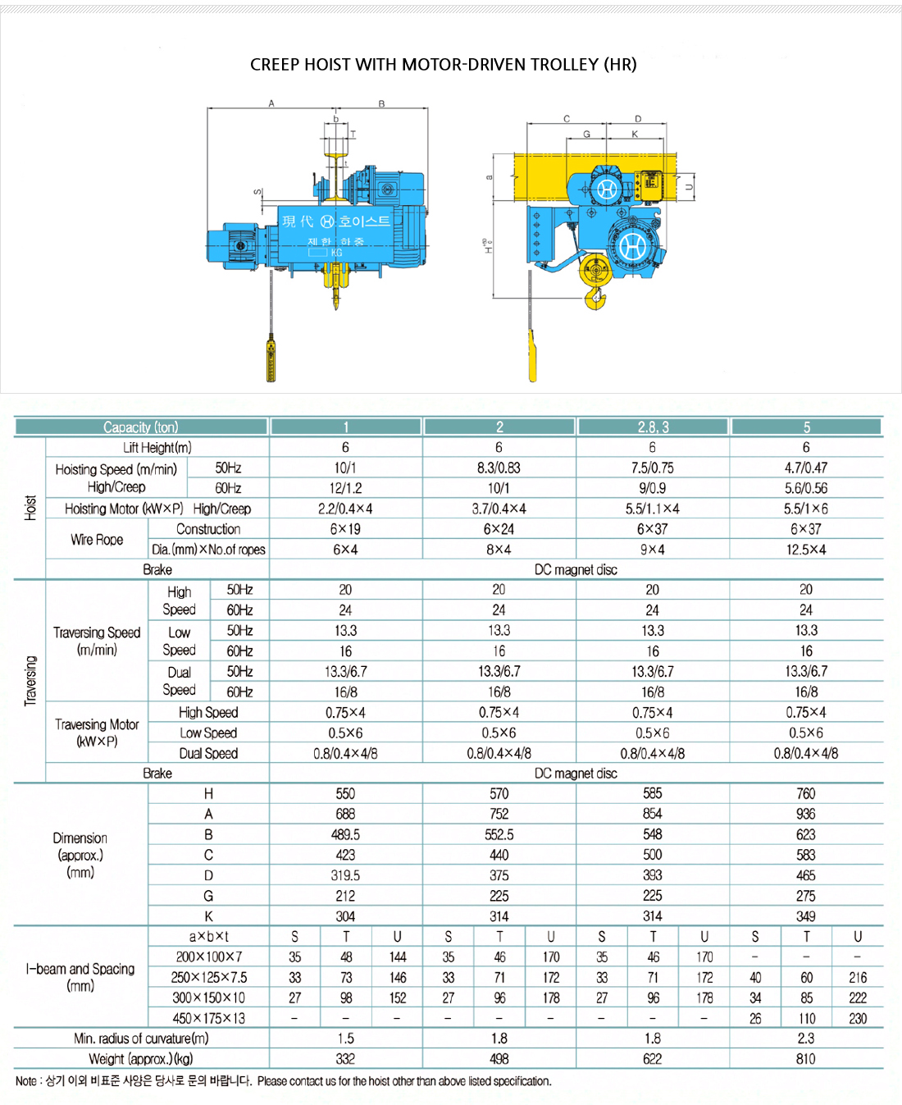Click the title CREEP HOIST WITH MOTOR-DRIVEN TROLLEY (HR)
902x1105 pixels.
pos(443,65)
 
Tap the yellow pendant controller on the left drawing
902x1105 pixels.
pos(271,359)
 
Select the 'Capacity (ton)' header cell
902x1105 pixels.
pos(141,427)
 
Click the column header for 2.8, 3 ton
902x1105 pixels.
pos(653,427)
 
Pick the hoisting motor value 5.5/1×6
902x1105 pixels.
pos(806,509)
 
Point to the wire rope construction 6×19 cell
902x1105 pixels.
pos(345,529)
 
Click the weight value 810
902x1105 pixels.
pos(806,1059)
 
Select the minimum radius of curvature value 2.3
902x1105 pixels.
pos(806,1039)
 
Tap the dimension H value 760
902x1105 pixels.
pos(806,793)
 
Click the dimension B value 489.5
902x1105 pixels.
pos(345,834)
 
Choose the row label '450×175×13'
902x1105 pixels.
pos(208,1018)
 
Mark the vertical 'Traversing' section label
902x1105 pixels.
pos(30,681)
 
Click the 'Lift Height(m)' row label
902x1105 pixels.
pos(157,448)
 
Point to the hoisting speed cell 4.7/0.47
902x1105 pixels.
pos(806,468)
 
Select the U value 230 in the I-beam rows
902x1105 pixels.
pos(858,1018)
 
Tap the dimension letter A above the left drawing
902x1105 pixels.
pos(271,104)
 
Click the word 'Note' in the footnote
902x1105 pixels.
pos(26,1081)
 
